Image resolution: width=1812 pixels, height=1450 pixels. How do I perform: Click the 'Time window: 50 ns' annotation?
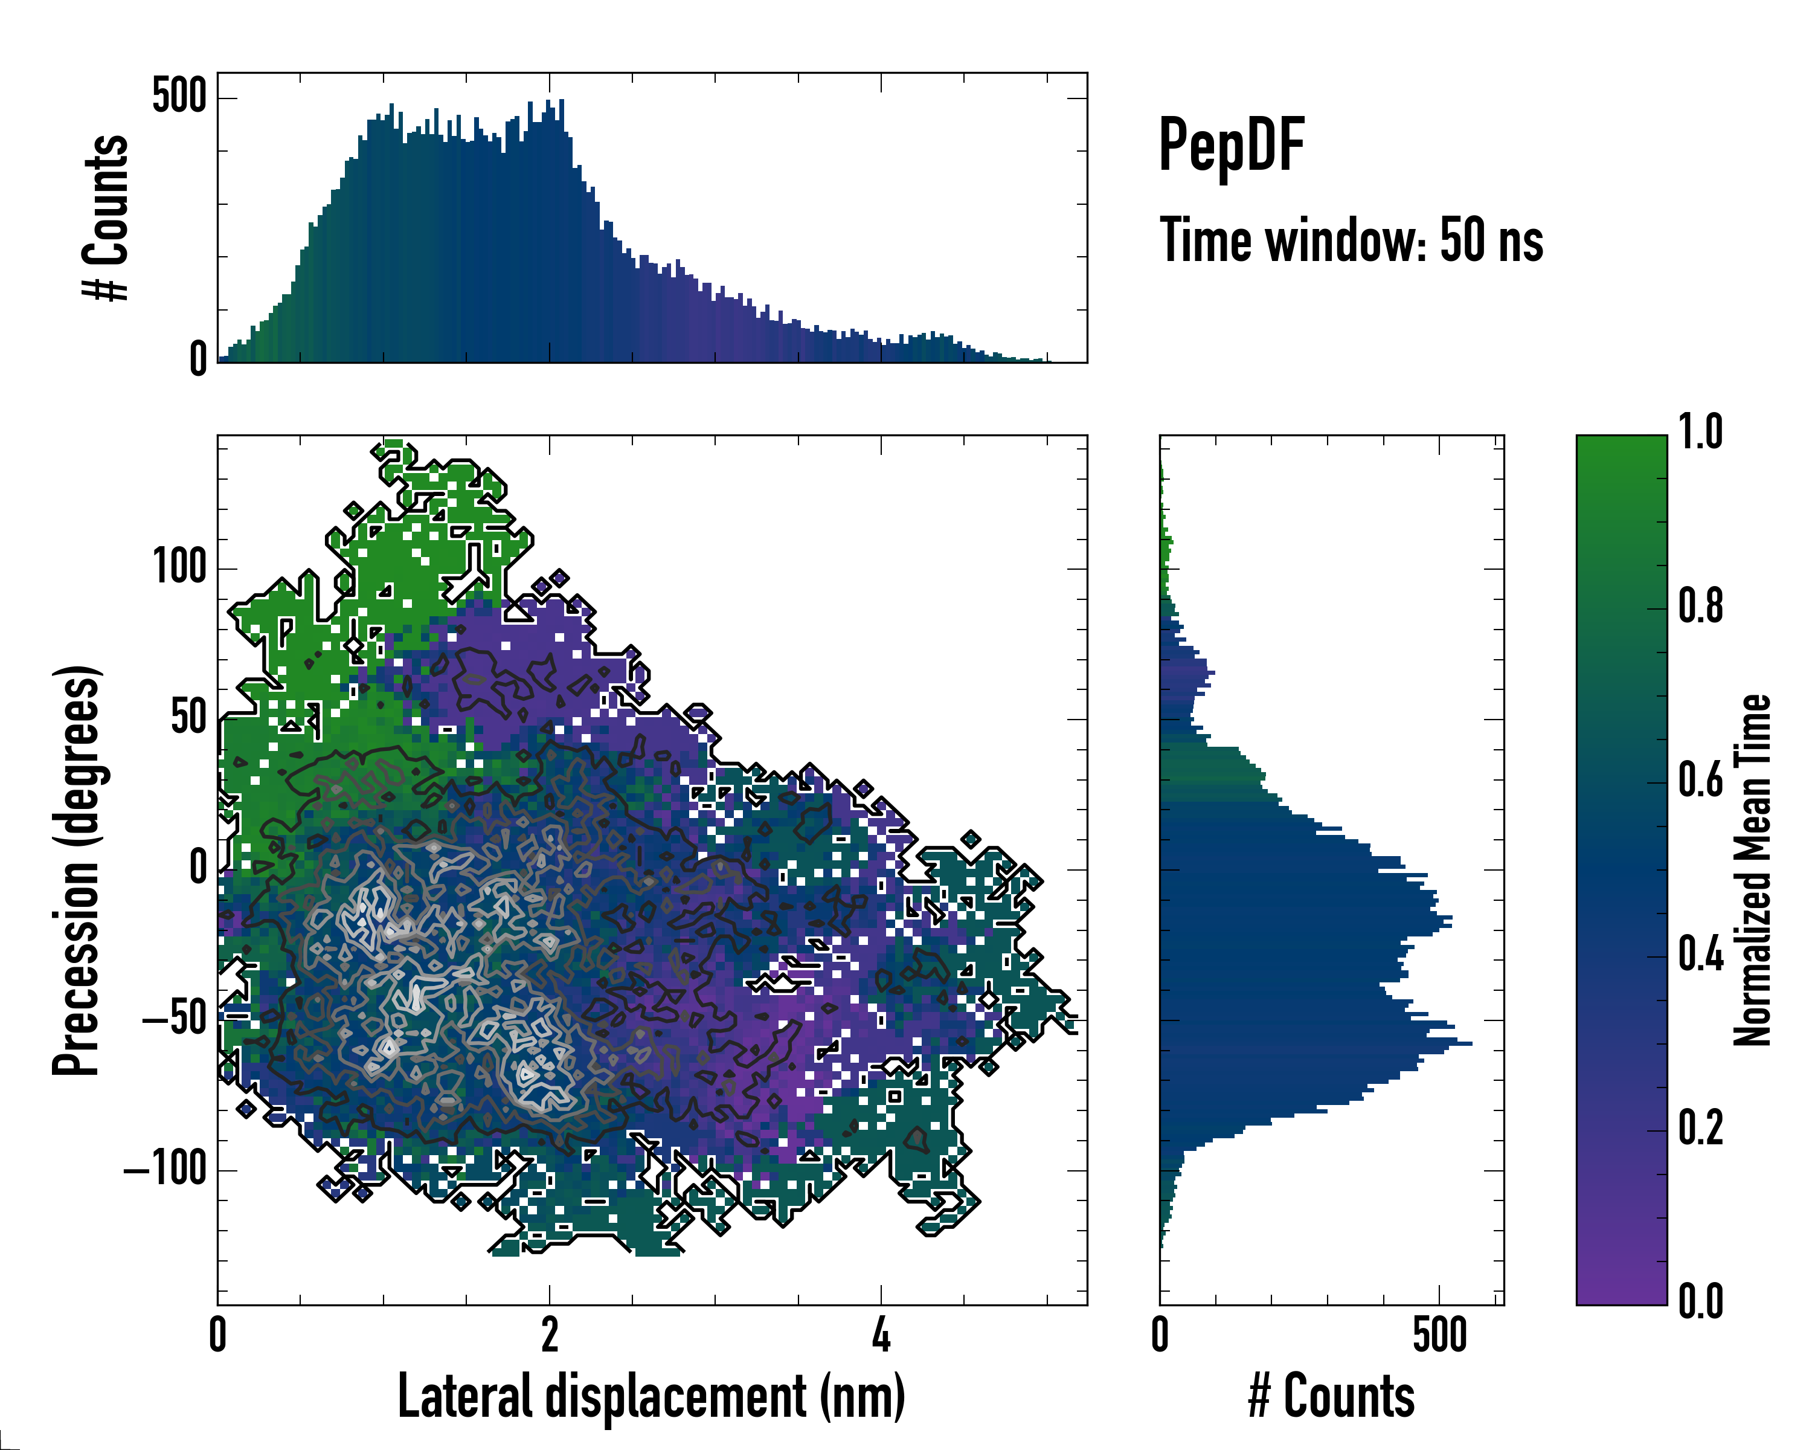coord(1351,241)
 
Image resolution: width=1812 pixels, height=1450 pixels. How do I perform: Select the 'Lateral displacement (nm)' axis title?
coord(651,1396)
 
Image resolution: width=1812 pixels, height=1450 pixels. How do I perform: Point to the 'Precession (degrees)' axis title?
coord(78,870)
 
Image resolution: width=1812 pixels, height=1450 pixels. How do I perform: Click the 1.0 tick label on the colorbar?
coord(1700,432)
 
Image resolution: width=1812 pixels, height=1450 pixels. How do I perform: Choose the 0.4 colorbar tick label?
coord(1700,955)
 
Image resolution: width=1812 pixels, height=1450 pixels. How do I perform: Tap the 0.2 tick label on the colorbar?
coord(1700,1128)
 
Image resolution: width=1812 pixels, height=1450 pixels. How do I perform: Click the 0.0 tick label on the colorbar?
coord(1700,1301)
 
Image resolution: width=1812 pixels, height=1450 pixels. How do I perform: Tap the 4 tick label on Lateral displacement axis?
coord(881,1335)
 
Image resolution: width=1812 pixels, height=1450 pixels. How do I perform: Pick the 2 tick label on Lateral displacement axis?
coord(550,1335)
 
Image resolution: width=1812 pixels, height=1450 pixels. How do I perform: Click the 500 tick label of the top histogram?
coord(179,97)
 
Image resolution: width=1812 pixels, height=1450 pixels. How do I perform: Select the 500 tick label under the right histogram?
coord(1440,1335)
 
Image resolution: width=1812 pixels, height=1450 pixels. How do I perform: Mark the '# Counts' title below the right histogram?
coord(1331,1396)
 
